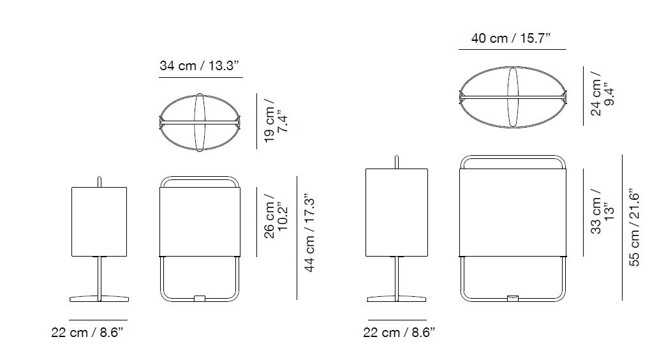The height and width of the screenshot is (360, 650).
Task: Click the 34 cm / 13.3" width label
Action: pyautogui.click(x=200, y=66)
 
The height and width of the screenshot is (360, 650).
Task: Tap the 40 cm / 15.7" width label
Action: pyautogui.click(x=511, y=38)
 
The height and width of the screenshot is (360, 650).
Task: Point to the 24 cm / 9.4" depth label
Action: pyautogui.click(x=602, y=94)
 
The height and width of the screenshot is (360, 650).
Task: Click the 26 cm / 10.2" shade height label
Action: pyautogui.click(x=276, y=216)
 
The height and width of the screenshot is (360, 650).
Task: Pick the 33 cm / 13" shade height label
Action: pyautogui.click(x=602, y=211)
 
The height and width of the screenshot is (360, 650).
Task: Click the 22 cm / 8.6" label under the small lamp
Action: pyautogui.click(x=87, y=333)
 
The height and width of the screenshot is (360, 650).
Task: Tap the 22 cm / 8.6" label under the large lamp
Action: pyautogui.click(x=399, y=333)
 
